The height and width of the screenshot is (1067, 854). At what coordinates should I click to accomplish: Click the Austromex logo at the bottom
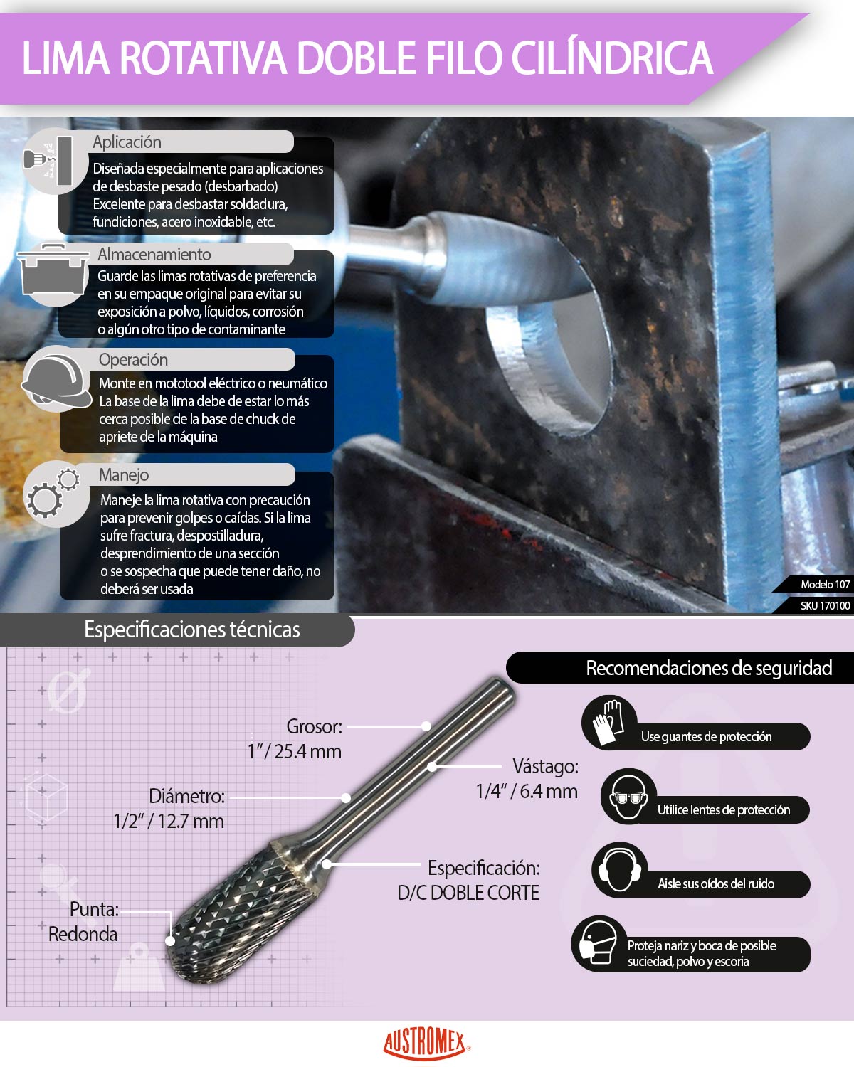point(426,1044)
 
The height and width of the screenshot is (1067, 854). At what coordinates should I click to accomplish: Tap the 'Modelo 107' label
point(825,584)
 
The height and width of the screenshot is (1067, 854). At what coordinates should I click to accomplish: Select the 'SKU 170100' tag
point(825,605)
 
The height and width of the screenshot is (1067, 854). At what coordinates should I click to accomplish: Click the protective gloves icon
point(608,722)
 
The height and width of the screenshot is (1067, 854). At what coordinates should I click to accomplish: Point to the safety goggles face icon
point(628,797)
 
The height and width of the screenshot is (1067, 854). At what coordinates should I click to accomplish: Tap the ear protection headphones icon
point(619,870)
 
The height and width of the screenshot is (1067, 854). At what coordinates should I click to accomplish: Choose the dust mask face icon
point(598,943)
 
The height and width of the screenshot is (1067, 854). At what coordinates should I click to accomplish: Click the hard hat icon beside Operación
point(56,379)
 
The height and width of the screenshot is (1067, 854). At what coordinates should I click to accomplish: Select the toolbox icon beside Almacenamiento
point(53,275)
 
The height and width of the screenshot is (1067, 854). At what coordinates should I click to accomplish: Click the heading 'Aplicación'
point(127,142)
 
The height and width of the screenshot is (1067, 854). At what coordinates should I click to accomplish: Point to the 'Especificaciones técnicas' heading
point(191,630)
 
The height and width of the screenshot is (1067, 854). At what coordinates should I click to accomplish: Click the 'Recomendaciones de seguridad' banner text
point(709,668)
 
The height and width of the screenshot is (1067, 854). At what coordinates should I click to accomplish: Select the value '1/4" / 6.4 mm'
point(527,791)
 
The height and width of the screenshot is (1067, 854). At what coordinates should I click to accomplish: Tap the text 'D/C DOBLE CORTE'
point(468,893)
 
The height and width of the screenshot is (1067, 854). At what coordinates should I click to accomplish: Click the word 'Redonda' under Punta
point(83,934)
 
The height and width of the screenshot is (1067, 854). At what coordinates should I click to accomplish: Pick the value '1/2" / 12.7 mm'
point(169,821)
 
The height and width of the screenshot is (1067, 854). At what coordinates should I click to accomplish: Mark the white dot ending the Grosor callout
point(426,726)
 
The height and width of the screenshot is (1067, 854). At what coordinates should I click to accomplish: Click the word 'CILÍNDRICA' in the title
point(612,58)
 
